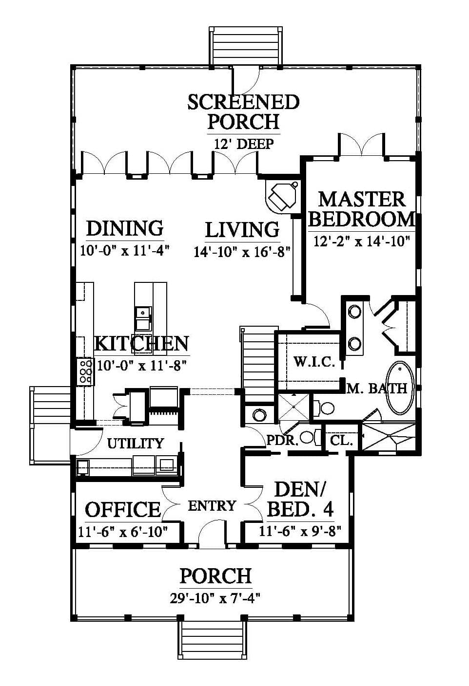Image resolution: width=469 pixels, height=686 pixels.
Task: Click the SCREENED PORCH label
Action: click(243, 112)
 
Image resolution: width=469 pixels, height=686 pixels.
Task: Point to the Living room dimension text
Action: click(242, 253)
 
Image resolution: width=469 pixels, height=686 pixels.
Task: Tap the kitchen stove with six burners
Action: click(86, 371)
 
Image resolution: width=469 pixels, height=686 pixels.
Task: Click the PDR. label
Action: click(282, 441)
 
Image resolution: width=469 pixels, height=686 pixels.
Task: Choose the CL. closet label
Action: click(341, 441)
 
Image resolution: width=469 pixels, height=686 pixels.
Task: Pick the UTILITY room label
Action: click(136, 443)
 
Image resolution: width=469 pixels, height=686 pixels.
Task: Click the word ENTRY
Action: click(212, 506)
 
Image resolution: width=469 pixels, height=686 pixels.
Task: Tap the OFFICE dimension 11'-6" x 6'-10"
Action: click(123, 532)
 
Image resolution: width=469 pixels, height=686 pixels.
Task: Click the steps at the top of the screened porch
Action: click(245, 45)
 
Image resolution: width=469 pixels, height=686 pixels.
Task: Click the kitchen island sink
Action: click(143, 313)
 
